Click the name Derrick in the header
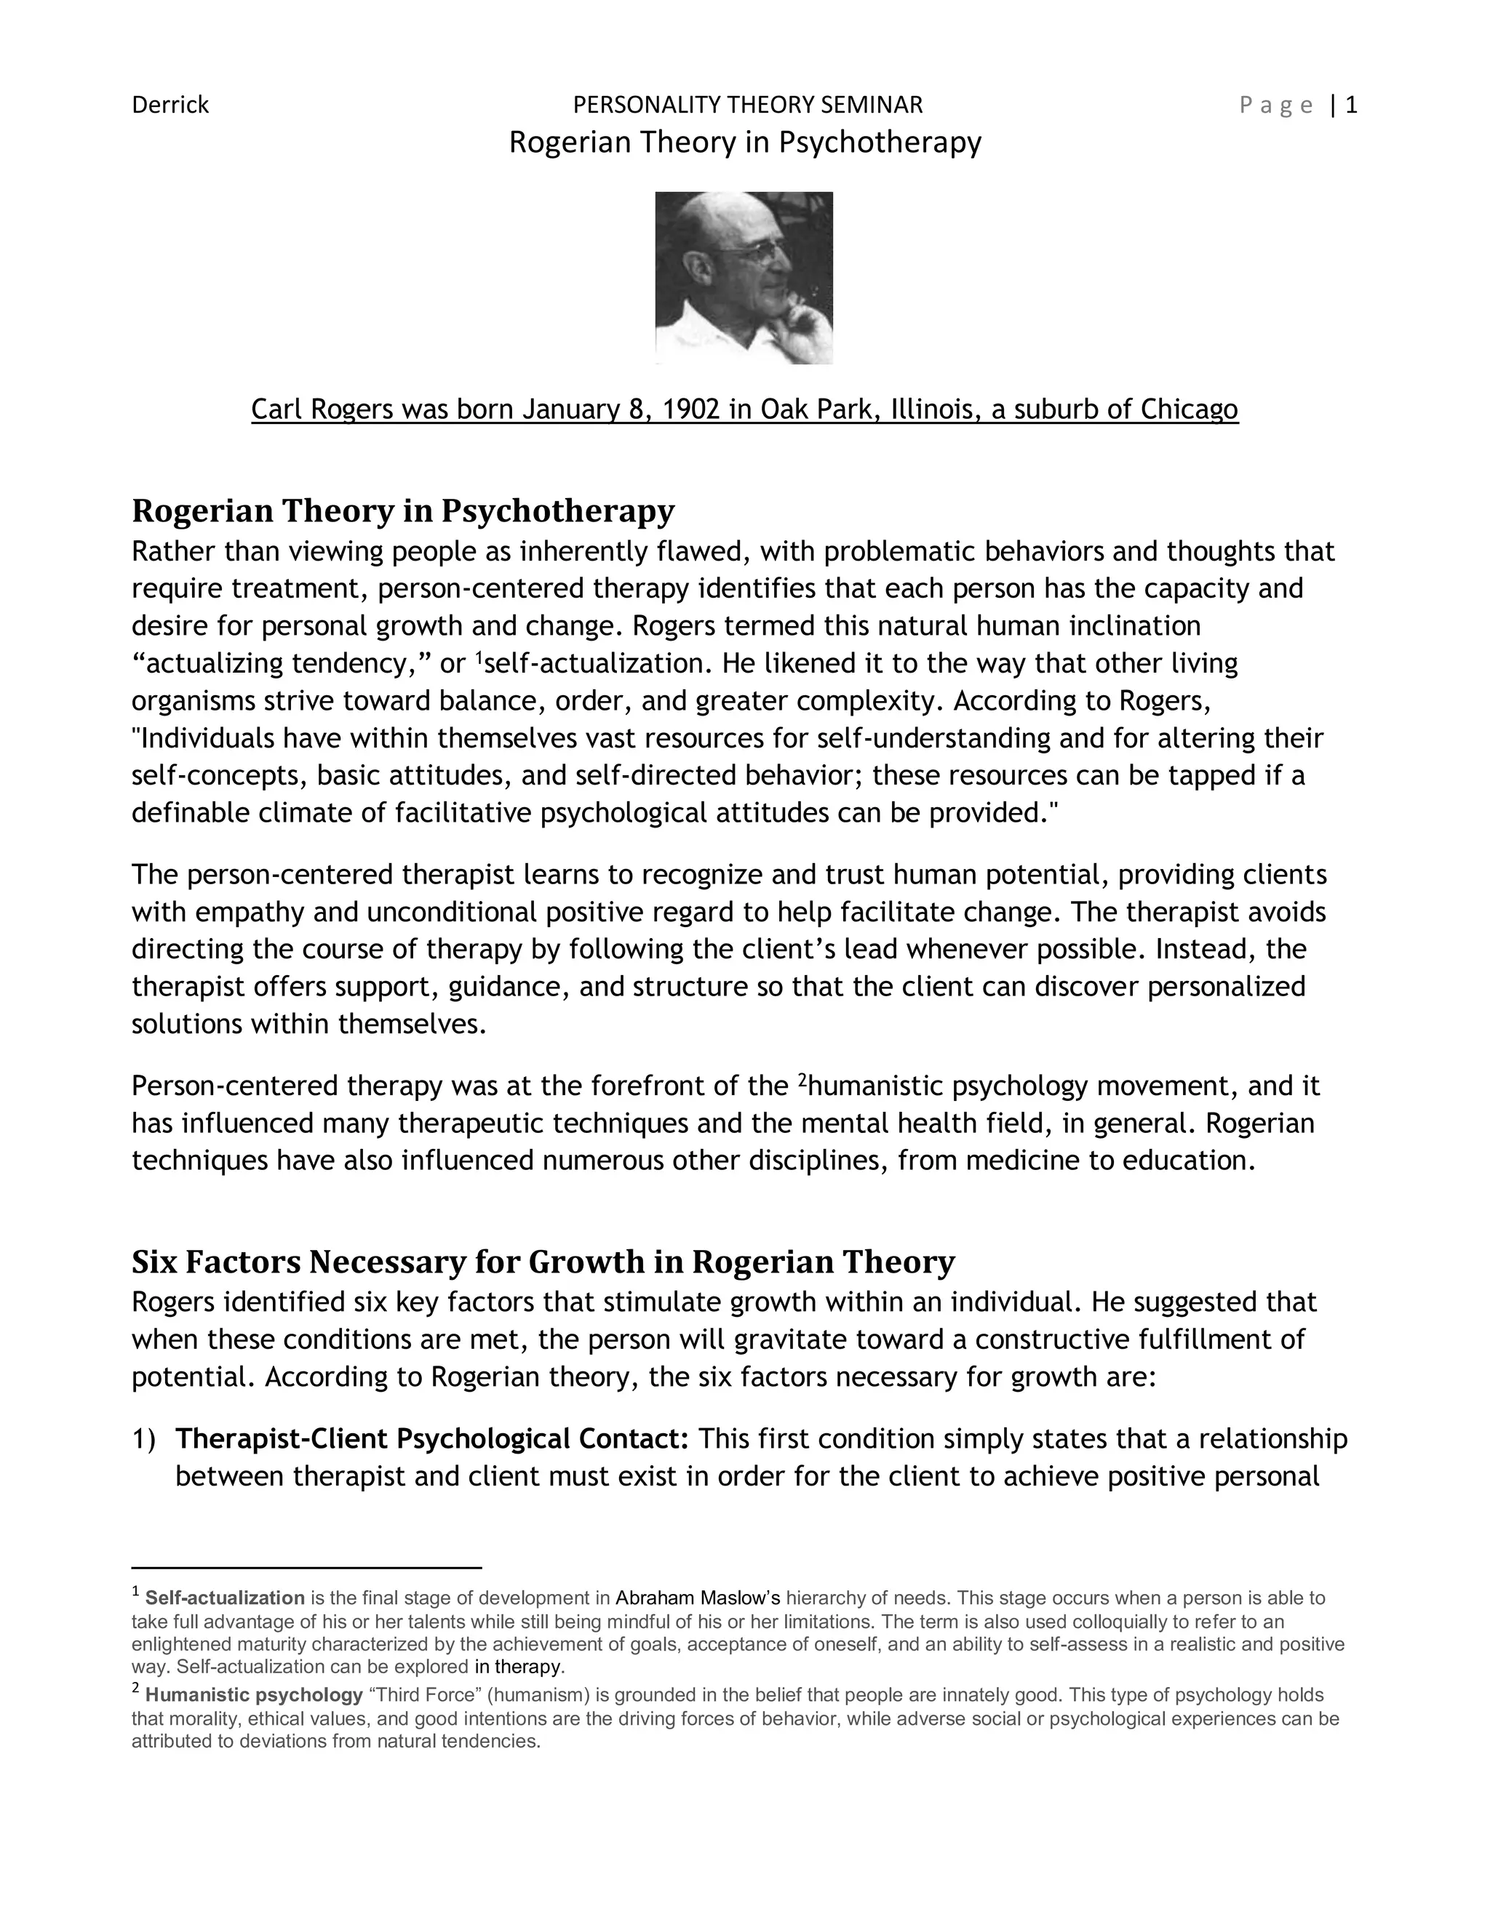coord(170,105)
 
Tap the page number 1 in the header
coord(1350,105)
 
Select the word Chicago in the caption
coord(1188,409)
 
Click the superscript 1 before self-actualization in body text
coord(479,657)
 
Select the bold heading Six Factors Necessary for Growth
coord(543,1262)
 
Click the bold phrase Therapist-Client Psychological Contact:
coord(431,1439)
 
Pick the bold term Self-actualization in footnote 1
coord(224,1598)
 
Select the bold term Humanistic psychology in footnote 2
coord(253,1695)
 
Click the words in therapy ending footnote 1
coord(517,1667)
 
